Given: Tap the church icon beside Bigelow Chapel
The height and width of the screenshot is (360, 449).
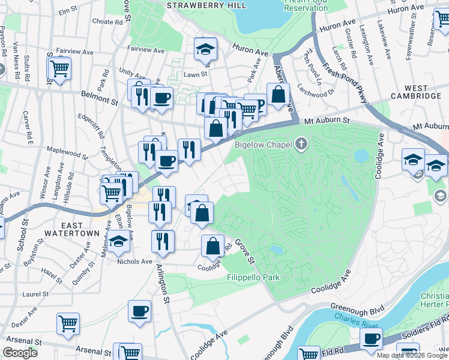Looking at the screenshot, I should tap(301, 144).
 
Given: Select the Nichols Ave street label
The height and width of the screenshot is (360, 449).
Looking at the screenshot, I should tap(135, 262).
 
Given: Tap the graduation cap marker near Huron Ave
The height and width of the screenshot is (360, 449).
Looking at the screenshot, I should tap(205, 50).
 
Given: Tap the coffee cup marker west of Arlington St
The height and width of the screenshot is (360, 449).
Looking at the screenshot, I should tap(139, 311).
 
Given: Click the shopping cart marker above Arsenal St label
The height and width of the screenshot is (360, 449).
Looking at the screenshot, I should tap(68, 323).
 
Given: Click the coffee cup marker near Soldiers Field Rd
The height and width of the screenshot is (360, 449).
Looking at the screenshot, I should tap(371, 338).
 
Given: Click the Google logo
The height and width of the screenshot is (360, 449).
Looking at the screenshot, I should tap(21, 353).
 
